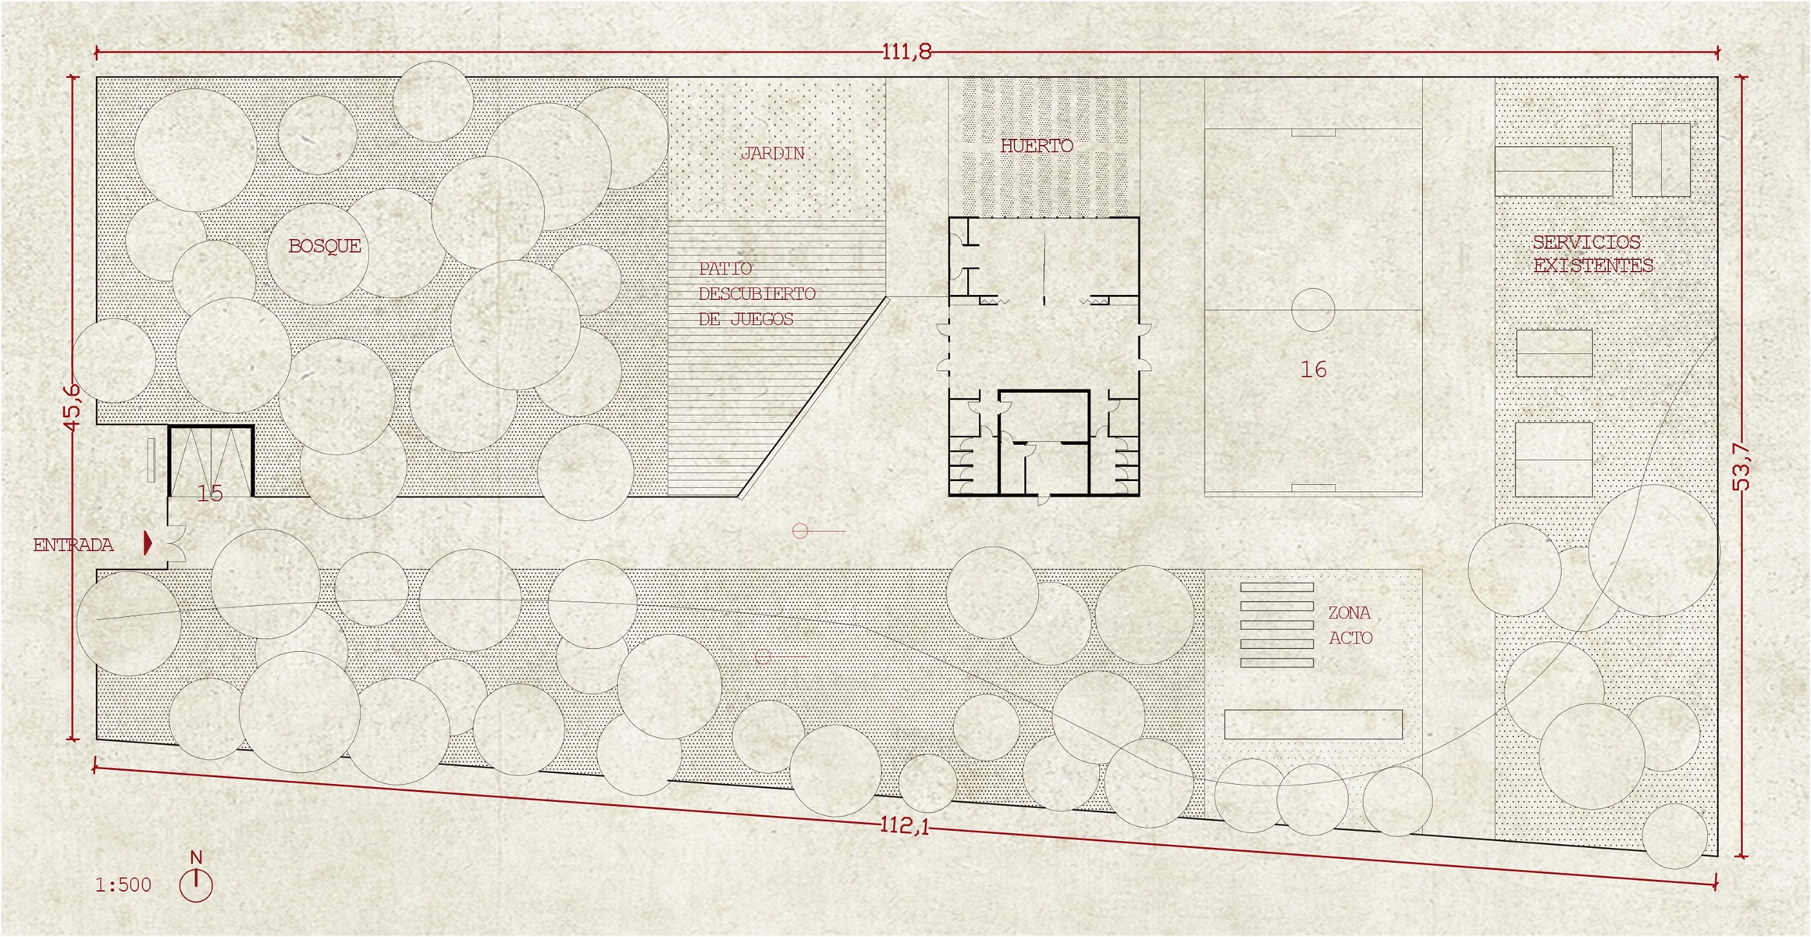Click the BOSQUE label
[x=325, y=247]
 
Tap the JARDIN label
[x=772, y=154]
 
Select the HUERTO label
[x=1037, y=145]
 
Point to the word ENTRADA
[x=73, y=545]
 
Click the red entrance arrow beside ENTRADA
[x=148, y=543]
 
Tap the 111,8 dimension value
[x=906, y=52]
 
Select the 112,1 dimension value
[x=905, y=825]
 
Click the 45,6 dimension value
[x=72, y=408]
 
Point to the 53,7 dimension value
[x=1742, y=467]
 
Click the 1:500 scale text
[x=123, y=885]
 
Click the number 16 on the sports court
[x=1314, y=369]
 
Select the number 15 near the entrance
[x=210, y=493]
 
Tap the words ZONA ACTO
[x=1350, y=625]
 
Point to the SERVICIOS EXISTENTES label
[x=1593, y=254]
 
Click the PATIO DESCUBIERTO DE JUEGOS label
[x=756, y=294]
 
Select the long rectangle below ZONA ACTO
[x=1313, y=724]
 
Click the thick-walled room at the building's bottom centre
[x=1044, y=416]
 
